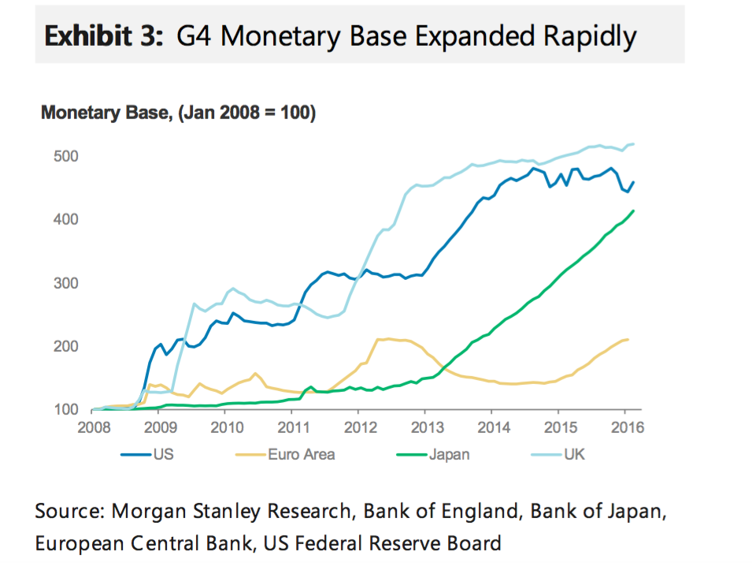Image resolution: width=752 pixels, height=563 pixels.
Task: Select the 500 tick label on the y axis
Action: pos(66,156)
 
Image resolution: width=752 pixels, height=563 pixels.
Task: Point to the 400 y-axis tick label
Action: pos(66,219)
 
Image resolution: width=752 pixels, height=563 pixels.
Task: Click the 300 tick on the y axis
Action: pos(66,283)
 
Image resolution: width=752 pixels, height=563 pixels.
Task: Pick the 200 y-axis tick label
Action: pos(66,346)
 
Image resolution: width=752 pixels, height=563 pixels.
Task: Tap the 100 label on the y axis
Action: pos(66,410)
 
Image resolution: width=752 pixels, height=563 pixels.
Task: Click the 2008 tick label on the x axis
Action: pos(92,428)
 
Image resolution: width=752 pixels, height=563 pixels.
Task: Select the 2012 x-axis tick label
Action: pos(357,428)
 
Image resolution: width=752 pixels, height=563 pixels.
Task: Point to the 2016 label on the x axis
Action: pos(624,428)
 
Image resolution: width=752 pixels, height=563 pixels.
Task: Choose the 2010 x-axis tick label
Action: pos(225,428)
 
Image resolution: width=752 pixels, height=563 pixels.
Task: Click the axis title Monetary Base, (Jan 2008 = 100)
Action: pos(178,114)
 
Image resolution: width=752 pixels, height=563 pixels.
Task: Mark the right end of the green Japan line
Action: pos(634,211)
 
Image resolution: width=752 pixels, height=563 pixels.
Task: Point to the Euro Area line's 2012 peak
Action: pos(387,339)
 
